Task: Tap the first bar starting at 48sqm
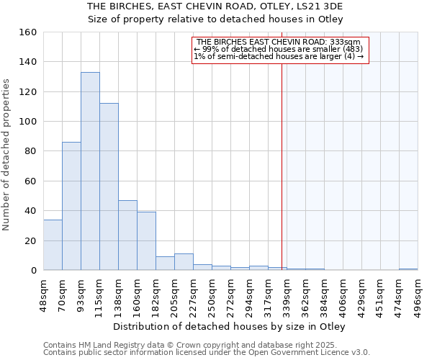click(x=53, y=245)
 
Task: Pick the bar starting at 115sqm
click(x=109, y=186)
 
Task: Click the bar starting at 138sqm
click(x=127, y=235)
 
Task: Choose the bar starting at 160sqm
click(x=146, y=241)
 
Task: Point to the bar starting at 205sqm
click(x=184, y=262)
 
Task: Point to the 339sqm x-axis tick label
click(x=287, y=294)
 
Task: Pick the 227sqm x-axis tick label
click(x=193, y=294)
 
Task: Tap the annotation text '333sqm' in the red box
click(x=356, y=42)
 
